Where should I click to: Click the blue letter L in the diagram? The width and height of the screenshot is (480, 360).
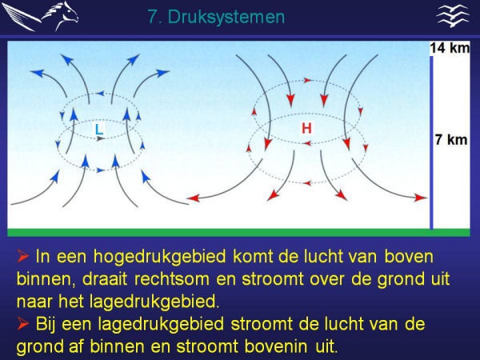click(x=98, y=129)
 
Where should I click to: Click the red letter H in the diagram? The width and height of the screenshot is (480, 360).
click(x=306, y=128)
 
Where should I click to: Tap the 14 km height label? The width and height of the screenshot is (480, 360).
click(x=450, y=48)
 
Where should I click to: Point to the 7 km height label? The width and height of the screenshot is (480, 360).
click(x=451, y=140)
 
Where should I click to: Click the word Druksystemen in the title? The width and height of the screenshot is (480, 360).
click(x=226, y=17)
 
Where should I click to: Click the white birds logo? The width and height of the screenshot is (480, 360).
click(x=453, y=16)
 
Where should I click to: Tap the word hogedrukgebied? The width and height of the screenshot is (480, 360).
click(x=160, y=257)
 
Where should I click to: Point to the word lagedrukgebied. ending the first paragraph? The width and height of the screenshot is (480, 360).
click(x=154, y=302)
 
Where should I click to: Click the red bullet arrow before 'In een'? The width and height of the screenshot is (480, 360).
click(x=23, y=256)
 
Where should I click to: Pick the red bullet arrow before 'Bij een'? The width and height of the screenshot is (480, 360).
click(x=23, y=323)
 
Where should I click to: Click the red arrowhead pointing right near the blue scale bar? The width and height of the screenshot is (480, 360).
click(x=421, y=198)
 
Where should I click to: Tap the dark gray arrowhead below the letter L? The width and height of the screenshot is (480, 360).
click(x=101, y=139)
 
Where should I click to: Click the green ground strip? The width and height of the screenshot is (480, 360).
click(x=238, y=233)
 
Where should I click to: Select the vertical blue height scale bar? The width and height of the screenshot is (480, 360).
click(x=431, y=142)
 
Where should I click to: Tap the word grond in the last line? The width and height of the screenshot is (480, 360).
click(x=41, y=347)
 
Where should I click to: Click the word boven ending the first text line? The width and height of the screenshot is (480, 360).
click(x=409, y=257)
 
